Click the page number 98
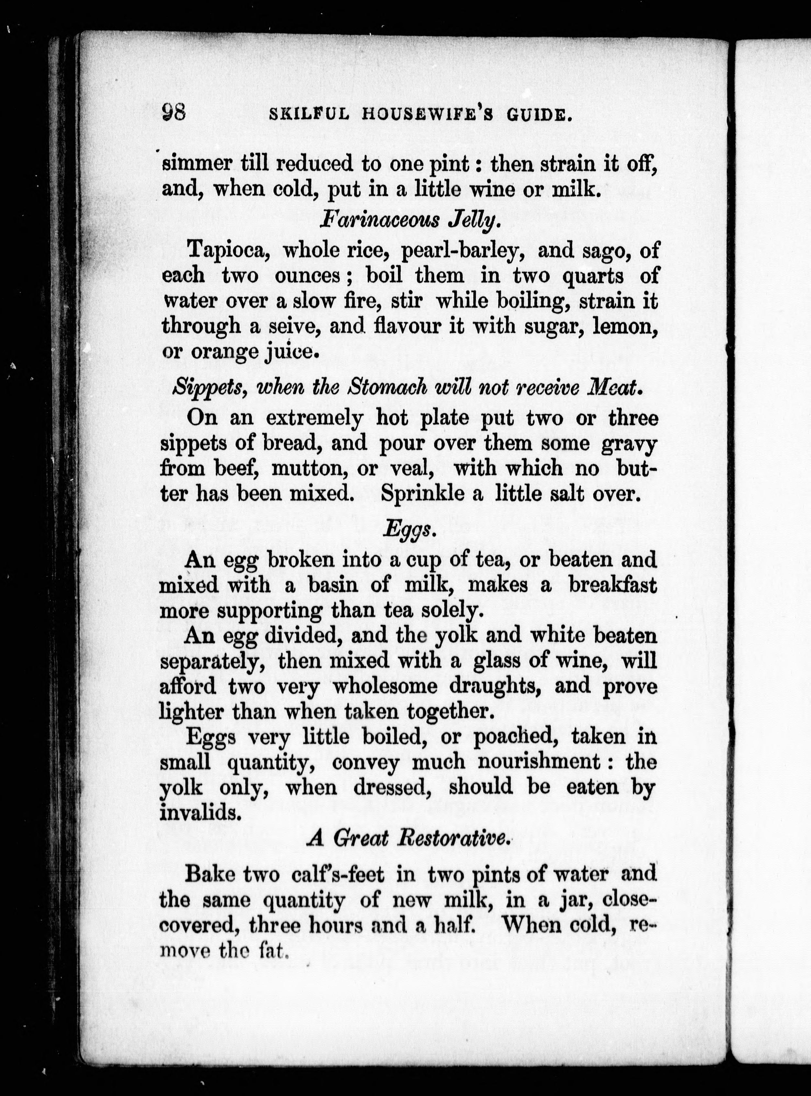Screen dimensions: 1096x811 (173, 113)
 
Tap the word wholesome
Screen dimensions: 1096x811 (385, 686)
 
